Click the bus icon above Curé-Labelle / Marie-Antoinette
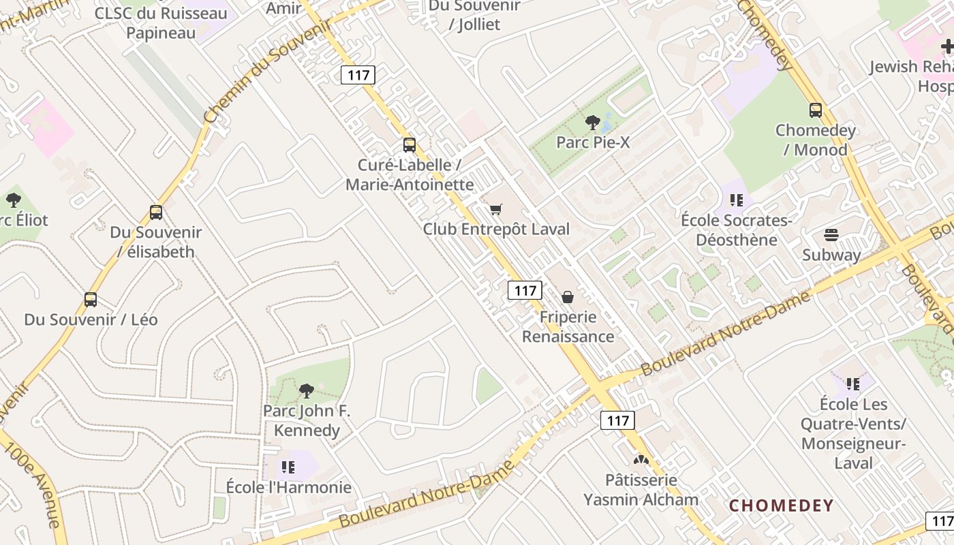coord(409,144)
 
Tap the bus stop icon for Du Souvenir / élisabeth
coord(156,213)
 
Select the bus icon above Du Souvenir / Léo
coord(90,300)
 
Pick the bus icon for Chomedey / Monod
coord(815,110)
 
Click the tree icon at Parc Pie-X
coord(592,123)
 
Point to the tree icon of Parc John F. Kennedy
coord(307,391)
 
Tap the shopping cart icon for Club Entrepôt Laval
coord(495,209)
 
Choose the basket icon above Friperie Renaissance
coord(567,297)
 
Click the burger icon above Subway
coord(831,235)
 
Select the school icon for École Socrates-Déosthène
coord(736,200)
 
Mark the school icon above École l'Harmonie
coord(288,467)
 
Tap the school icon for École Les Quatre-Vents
coord(852,384)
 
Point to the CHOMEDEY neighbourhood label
coord(782,505)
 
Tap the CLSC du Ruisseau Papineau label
coord(161,22)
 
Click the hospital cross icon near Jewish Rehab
coord(947,46)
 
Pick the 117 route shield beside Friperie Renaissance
coord(525,291)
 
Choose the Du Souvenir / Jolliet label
coord(474,15)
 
